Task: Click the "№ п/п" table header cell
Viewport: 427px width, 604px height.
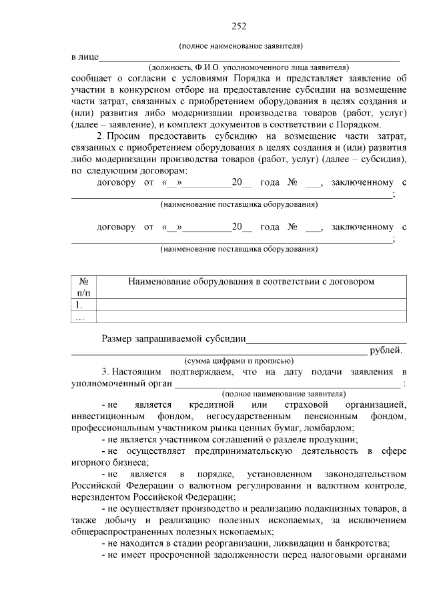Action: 83,287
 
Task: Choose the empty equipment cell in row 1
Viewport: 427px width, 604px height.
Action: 251,305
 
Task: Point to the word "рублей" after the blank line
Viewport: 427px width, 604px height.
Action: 385,350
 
